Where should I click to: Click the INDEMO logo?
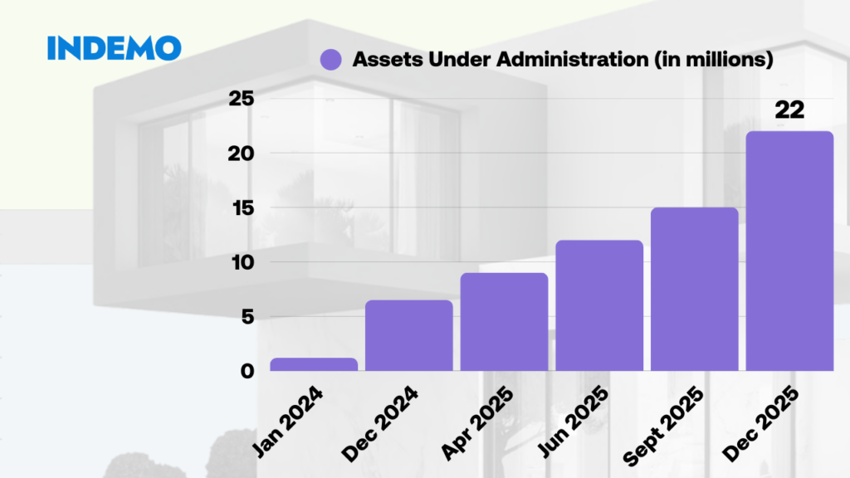(114, 47)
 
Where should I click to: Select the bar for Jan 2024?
(314, 364)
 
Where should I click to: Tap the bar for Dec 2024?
(409, 335)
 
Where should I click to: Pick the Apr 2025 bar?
(504, 322)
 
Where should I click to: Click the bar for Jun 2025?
(599, 305)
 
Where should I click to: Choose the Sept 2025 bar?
(695, 289)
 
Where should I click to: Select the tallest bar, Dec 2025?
(789, 251)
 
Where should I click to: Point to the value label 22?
(789, 110)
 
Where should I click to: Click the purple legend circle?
(330, 60)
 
